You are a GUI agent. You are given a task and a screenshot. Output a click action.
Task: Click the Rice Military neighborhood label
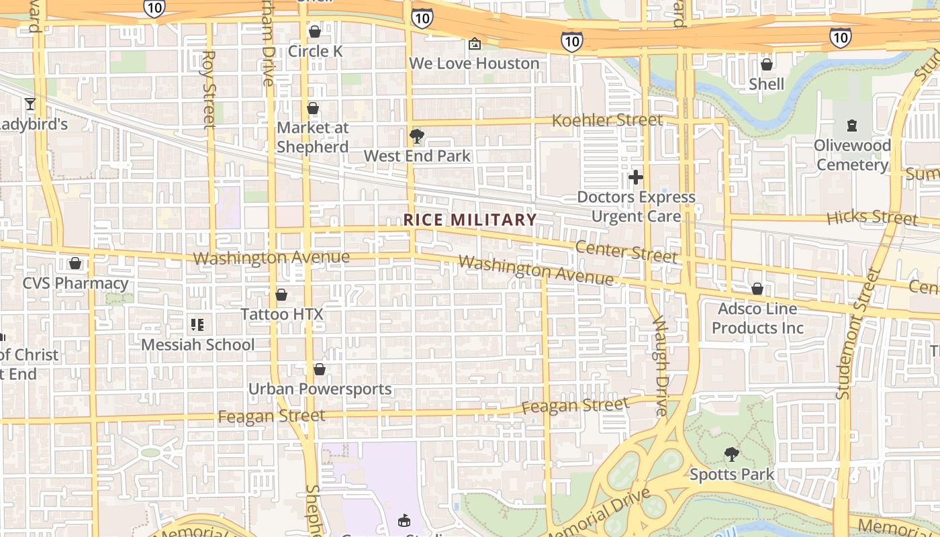[x=470, y=219]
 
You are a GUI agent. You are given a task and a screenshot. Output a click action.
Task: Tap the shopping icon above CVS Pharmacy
[x=75, y=263]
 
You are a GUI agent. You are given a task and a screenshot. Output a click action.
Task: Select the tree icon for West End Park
[x=417, y=136]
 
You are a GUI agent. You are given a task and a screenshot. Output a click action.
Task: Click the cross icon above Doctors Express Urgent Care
[x=635, y=177]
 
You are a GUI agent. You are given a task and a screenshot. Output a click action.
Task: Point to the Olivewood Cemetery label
[x=852, y=155]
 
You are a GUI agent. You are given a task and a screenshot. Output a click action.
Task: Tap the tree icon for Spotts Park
[x=732, y=454]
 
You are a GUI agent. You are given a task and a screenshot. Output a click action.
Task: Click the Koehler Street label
[x=607, y=121]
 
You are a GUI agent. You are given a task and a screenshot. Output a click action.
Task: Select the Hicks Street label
[x=872, y=217]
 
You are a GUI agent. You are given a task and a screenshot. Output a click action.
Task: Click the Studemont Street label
[x=855, y=334]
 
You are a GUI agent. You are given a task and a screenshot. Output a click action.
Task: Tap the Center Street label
[x=626, y=252]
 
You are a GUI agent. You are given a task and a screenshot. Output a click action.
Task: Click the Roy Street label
[x=209, y=89]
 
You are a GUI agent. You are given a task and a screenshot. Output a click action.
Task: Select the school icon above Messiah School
[x=197, y=325]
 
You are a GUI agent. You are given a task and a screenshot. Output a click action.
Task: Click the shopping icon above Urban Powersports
[x=320, y=369]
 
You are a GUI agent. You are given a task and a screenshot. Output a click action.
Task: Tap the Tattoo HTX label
[x=282, y=314]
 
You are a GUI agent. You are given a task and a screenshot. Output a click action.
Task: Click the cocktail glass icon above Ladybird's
[x=30, y=103]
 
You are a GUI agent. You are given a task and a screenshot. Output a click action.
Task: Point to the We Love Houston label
[x=474, y=64]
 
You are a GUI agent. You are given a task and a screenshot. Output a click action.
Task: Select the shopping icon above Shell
[x=766, y=64]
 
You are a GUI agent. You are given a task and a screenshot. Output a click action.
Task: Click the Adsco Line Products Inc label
[x=757, y=318]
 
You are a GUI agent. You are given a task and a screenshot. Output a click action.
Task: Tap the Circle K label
[x=315, y=51]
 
